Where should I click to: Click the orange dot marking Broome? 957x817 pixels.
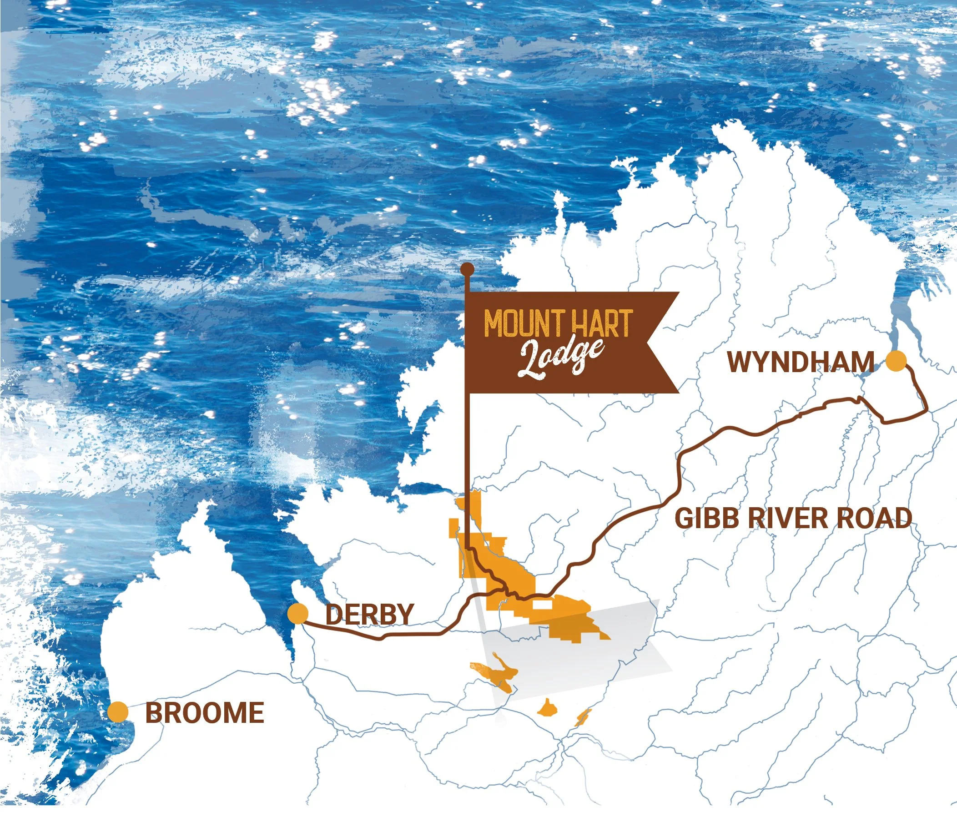(x=118, y=712)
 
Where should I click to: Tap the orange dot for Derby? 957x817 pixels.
(x=297, y=614)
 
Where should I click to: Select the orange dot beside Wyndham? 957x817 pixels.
(x=897, y=361)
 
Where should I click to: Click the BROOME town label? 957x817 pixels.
(x=205, y=713)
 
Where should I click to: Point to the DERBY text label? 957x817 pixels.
(x=369, y=614)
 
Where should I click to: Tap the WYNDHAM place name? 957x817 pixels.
(x=801, y=362)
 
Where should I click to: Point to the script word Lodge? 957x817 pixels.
(x=560, y=358)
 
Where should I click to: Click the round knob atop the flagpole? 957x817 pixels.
(x=468, y=268)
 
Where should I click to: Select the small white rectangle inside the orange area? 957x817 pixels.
(x=543, y=605)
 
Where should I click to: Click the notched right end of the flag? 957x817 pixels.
(x=665, y=342)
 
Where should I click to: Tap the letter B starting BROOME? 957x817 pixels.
(x=154, y=713)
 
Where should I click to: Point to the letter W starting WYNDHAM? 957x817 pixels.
(x=740, y=362)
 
